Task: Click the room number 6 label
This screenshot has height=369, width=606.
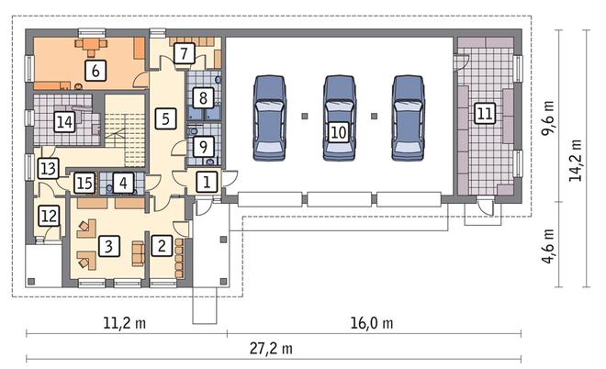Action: tap(95, 70)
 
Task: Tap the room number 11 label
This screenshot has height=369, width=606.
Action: tap(485, 113)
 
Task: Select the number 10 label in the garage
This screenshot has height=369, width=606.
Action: tap(339, 132)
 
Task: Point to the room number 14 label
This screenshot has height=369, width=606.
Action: tap(64, 122)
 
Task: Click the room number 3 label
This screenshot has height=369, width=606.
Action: tap(108, 246)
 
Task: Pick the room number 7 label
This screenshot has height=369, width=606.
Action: tap(184, 53)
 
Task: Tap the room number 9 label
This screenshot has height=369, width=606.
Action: tap(203, 147)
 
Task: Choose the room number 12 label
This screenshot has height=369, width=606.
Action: tap(49, 215)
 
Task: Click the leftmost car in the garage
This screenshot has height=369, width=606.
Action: tap(270, 117)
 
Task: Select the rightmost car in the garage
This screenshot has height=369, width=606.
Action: tap(408, 117)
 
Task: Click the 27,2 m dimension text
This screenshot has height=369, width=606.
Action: tap(271, 349)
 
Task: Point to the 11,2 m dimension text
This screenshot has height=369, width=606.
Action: tap(125, 323)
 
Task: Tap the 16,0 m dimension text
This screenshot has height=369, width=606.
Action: tap(372, 323)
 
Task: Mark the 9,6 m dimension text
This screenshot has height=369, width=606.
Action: tap(548, 117)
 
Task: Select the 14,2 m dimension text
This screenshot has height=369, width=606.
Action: tap(575, 160)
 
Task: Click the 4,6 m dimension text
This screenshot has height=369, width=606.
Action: tap(548, 246)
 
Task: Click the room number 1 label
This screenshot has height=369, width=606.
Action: tap(207, 182)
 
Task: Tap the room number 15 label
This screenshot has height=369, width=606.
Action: tap(84, 183)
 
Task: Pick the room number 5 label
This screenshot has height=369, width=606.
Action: tap(166, 118)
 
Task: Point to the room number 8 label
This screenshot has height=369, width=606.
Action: tap(203, 97)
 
